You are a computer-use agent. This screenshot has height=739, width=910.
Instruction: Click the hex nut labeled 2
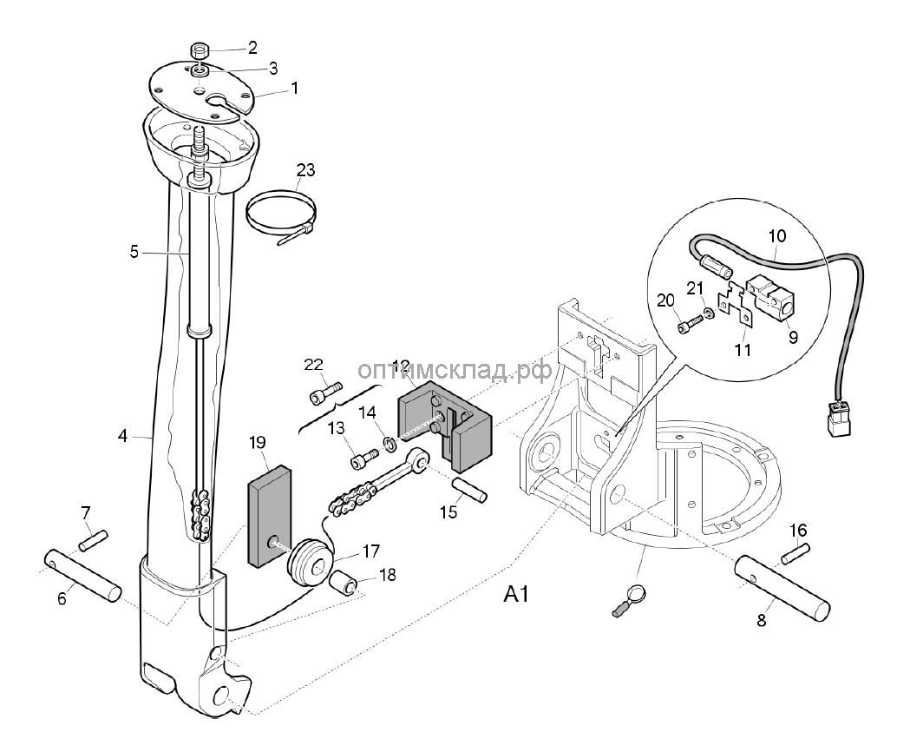[199, 49]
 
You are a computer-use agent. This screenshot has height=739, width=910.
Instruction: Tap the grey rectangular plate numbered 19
[271, 517]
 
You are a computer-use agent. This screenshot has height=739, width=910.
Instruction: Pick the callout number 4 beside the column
[122, 435]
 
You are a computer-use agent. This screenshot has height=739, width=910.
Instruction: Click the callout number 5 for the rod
[134, 253]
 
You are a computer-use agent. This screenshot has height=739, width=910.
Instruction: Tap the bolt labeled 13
[364, 454]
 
